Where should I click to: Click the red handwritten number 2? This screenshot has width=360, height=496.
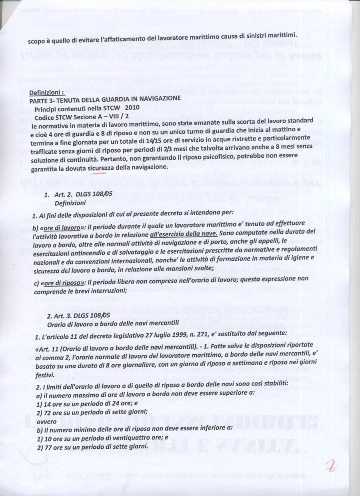point(330,465)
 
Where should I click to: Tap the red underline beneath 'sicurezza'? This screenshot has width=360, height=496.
point(98,173)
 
